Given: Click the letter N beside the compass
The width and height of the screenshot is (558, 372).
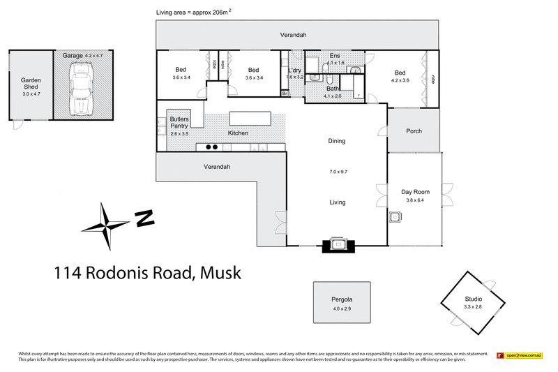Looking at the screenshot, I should (x=144, y=218).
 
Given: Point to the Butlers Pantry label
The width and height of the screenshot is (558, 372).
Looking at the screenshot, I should (x=180, y=123).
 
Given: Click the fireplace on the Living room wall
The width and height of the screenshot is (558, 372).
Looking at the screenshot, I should (x=338, y=244).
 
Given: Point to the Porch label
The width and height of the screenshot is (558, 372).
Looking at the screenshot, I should (x=414, y=131).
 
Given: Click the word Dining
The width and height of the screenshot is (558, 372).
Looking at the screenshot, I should (x=337, y=141).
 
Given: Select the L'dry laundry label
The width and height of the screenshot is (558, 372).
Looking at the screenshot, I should (x=294, y=70).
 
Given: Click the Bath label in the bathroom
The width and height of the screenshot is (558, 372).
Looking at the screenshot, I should (x=333, y=89).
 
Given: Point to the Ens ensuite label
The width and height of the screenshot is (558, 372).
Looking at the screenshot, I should (x=335, y=55).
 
